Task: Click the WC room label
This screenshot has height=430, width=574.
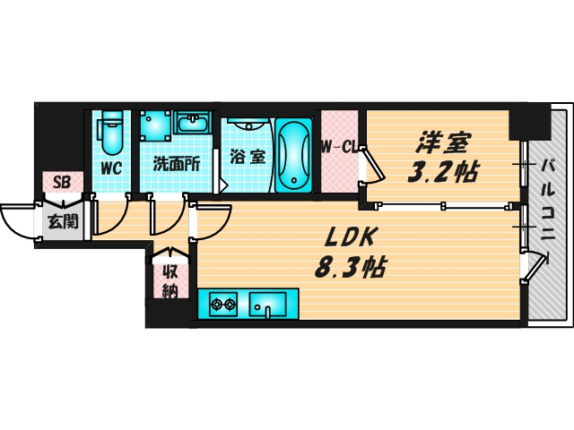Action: point(111,168)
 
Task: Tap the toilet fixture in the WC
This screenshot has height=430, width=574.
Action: point(110,133)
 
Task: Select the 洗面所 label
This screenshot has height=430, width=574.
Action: point(176,164)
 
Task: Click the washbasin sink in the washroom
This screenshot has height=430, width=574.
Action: point(193,123)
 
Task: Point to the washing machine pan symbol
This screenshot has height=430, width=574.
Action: point(155,125)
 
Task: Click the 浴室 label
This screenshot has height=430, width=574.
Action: point(248,158)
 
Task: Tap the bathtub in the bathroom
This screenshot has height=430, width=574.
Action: point(293,155)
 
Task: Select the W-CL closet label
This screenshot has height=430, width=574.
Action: point(339,147)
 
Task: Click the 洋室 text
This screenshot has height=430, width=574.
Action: point(442,142)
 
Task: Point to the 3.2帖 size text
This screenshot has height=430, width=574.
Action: point(443,171)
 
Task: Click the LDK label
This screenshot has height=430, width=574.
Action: point(351,236)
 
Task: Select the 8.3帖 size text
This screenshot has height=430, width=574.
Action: point(350,267)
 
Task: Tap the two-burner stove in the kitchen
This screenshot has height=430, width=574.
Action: point(223,305)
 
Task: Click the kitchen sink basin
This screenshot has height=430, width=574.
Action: point(267,305)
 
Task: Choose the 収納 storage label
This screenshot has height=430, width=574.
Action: point(170,281)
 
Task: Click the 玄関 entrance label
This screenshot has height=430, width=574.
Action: point(64,221)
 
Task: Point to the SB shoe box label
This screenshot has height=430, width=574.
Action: point(62,182)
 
